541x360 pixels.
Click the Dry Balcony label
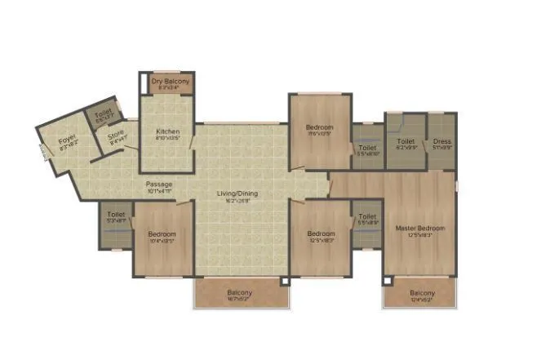[170, 82]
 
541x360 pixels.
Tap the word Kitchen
[168, 131]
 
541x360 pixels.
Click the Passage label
[159, 184]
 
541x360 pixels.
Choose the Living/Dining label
[237, 193]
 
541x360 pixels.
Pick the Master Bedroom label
[420, 228]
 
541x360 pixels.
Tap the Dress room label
[441, 141]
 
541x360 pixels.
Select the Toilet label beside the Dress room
[406, 141]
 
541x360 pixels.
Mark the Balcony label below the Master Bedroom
[422, 293]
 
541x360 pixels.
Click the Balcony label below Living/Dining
[240, 293]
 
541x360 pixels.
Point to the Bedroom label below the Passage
[162, 234]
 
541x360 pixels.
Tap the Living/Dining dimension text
[237, 201]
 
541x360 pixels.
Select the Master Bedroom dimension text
[420, 235]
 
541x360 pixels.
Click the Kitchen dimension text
[168, 139]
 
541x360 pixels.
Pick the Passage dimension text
[159, 192]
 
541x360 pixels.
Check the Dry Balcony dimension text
[170, 88]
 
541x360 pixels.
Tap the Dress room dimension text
[441, 148]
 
